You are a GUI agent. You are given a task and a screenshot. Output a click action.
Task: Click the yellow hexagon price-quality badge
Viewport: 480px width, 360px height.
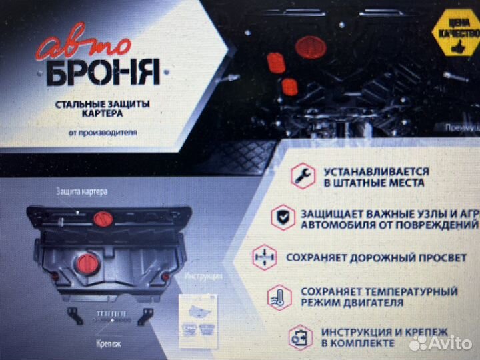pos(455,32)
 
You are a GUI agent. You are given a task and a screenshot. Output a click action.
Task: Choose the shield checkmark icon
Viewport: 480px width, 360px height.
pos(283,217)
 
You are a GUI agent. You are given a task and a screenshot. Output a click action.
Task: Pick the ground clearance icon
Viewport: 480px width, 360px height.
pos(265,257)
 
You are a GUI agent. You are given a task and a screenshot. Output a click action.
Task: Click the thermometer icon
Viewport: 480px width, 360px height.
pos(280,297)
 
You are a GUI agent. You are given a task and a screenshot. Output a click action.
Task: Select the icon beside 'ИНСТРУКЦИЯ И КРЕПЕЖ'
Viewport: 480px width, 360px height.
pos(299,337)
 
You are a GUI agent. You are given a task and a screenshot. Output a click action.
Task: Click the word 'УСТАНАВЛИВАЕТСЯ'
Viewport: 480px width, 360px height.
pos(377,171)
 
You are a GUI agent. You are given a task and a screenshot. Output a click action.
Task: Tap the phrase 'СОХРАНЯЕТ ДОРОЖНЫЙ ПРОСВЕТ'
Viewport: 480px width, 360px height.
pos(376,257)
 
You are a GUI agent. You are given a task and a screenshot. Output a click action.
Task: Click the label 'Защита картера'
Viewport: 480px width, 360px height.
pos(81,191)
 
